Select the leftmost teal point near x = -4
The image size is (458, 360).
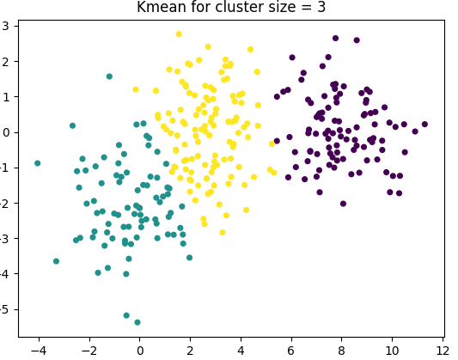37,162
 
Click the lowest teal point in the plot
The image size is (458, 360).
137,322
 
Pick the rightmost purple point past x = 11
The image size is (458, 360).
424,124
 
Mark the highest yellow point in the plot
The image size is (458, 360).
179,34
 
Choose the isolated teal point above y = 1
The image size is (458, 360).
109,76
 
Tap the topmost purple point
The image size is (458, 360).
335,38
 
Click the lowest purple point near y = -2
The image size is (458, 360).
343,204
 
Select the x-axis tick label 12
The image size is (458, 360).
443,351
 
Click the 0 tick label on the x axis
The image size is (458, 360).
139,351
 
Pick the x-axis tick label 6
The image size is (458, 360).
291,351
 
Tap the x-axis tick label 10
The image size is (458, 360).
392,351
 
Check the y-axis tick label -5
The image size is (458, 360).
7,308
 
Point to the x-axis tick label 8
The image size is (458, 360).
342,351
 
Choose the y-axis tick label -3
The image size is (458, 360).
7,238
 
